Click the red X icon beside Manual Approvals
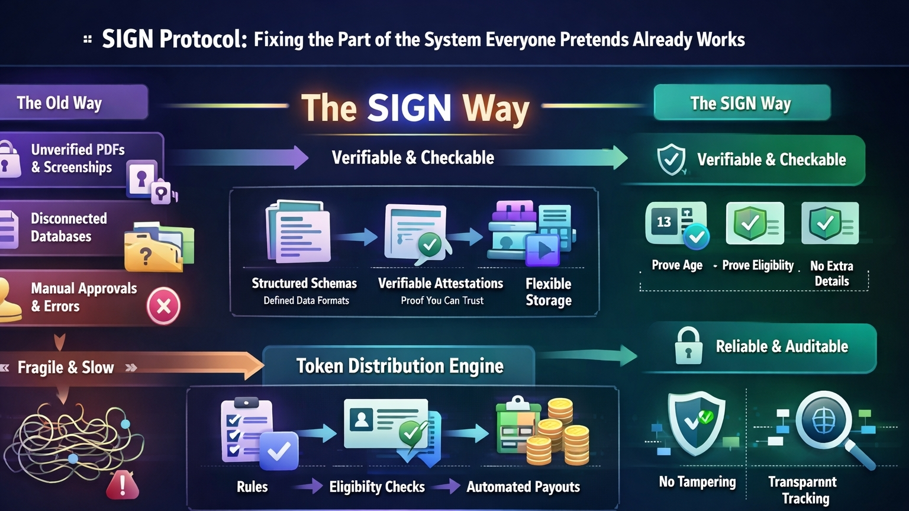click(163, 306)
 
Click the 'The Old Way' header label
click(59, 103)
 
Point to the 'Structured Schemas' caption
click(304, 284)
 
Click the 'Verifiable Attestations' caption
click(440, 284)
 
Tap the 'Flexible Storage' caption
click(549, 292)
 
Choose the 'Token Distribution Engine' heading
click(399, 366)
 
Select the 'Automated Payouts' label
click(523, 487)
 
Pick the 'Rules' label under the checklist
click(252, 487)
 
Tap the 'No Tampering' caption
click(697, 482)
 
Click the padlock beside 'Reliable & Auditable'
click(688, 346)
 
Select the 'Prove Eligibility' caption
click(757, 265)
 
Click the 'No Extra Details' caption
click(831, 274)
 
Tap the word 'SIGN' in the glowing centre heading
click(409, 108)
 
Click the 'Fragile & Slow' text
click(66, 368)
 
